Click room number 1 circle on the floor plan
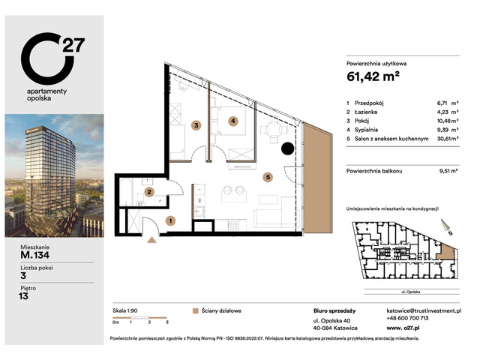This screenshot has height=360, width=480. [x=170, y=220]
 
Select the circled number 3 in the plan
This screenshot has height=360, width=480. [x=196, y=125]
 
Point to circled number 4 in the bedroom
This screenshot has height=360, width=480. [x=233, y=121]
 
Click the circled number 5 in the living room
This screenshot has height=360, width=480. [x=268, y=178]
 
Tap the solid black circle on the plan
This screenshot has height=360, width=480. [x=287, y=148]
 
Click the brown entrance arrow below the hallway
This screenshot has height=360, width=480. [x=152, y=240]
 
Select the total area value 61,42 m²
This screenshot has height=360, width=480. [x=373, y=76]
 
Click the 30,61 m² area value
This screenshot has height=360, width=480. [x=449, y=139]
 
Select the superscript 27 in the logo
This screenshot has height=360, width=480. [x=73, y=44]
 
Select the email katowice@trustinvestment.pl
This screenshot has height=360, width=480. [x=429, y=310]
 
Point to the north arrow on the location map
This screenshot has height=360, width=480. [x=445, y=224]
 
